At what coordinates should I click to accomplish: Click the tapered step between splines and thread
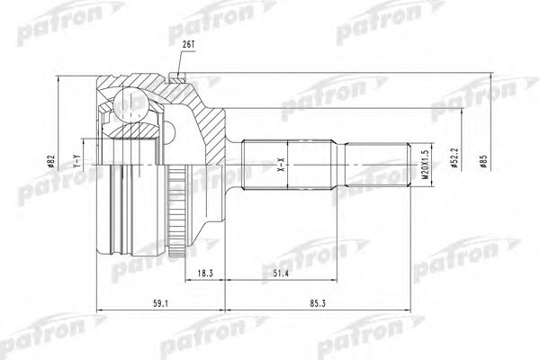(344, 165)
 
